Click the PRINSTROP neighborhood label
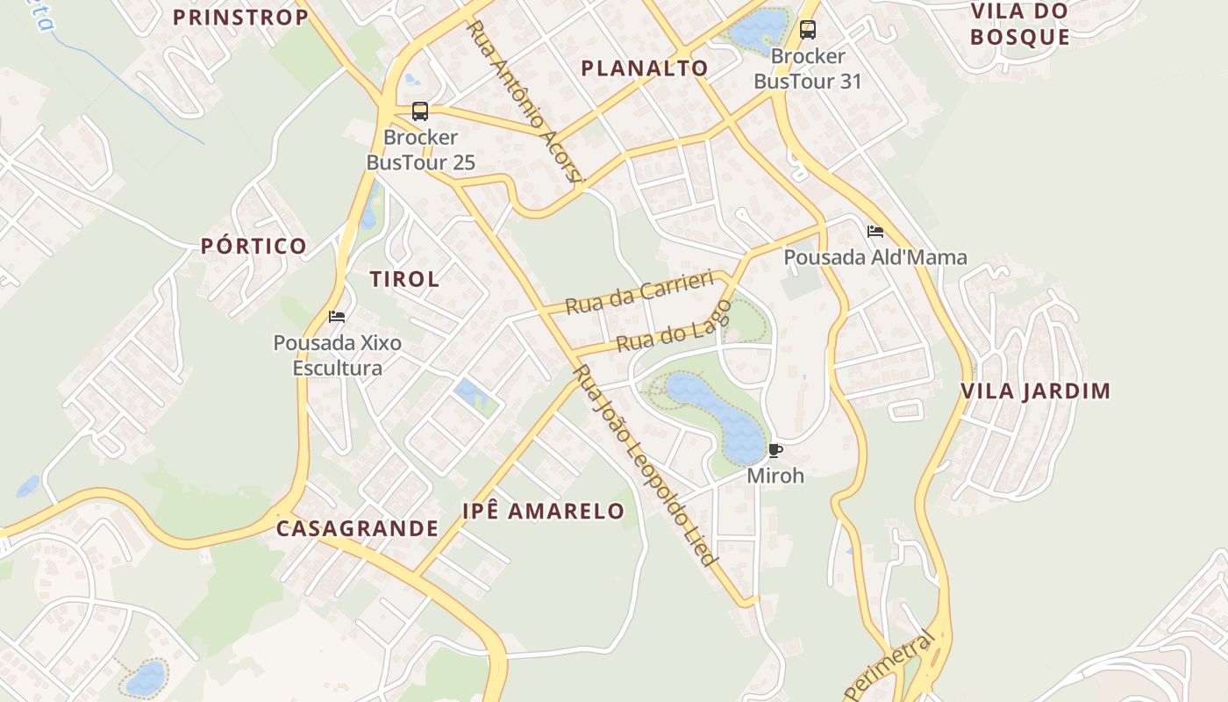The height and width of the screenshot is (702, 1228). [x=240, y=18]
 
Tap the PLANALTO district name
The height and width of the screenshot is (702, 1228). [x=645, y=68]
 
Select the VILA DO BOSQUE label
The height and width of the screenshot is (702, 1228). [x=1020, y=25]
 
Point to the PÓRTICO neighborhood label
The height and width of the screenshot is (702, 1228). [x=253, y=247]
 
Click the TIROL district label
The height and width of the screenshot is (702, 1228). [x=404, y=280]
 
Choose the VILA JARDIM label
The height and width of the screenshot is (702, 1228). [x=1036, y=391]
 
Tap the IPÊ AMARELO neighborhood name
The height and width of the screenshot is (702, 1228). [x=544, y=512]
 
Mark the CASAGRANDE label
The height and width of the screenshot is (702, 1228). [x=357, y=528]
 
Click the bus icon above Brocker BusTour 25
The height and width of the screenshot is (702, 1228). [x=420, y=111]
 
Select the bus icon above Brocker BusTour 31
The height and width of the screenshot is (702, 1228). [x=808, y=30]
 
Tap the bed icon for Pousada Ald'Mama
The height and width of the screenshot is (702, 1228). [x=875, y=232]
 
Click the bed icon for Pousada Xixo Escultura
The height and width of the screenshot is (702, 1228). [x=337, y=316]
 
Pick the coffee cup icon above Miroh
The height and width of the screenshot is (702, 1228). [x=775, y=451]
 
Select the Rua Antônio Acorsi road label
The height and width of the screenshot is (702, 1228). [x=524, y=101]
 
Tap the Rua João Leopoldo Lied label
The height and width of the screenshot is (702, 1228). [x=645, y=465]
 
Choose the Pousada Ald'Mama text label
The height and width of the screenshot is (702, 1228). [x=875, y=257]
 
